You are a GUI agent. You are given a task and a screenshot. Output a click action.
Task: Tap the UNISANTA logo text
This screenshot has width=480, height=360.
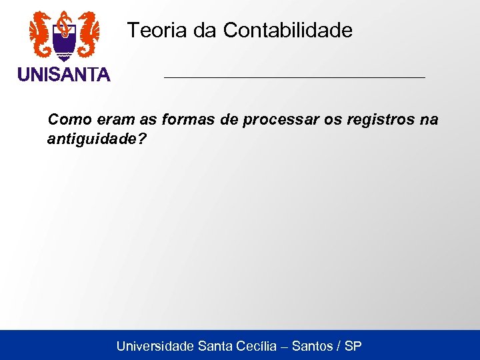64,75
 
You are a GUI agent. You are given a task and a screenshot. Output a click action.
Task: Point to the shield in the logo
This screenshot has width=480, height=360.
64,44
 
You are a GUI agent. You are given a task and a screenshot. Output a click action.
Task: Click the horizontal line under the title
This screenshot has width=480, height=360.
294,78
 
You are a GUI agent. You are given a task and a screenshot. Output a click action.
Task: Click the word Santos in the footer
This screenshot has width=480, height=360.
313,346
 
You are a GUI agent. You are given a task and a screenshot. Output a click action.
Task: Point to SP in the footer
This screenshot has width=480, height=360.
353,346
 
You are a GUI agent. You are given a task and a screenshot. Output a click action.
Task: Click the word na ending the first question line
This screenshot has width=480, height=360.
429,120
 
